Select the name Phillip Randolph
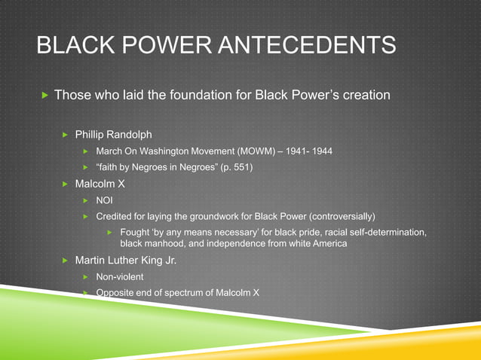[x=113, y=135]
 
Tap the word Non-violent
[x=120, y=277]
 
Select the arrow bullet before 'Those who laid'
[x=44, y=96]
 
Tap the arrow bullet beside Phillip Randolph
[x=65, y=135]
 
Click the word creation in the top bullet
[x=366, y=96]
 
